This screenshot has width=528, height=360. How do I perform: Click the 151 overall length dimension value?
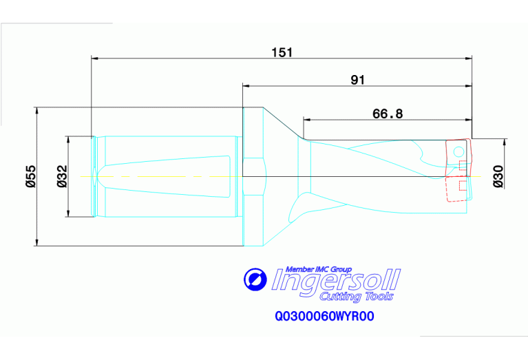pyautogui.click(x=282, y=53)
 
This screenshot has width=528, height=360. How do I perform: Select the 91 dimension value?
pyautogui.click(x=357, y=80)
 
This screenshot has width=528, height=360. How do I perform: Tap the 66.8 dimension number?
pyautogui.click(x=388, y=114)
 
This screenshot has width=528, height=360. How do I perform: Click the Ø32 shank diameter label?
pyautogui.click(x=61, y=176)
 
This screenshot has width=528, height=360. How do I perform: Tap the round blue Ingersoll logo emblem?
pyautogui.click(x=255, y=279)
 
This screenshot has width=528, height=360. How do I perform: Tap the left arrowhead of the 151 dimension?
pyautogui.click(x=95, y=58)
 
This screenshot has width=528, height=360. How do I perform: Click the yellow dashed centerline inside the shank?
pyautogui.click(x=165, y=177)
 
